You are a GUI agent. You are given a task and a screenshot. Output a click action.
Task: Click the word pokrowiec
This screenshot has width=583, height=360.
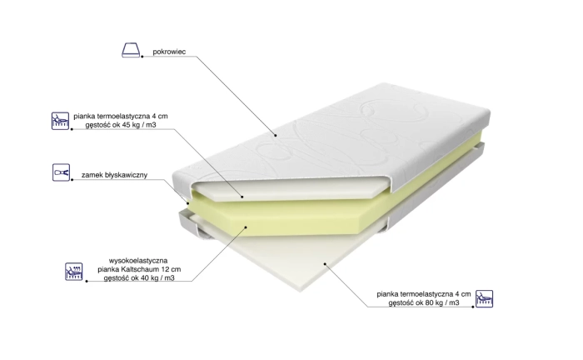tap(169, 52)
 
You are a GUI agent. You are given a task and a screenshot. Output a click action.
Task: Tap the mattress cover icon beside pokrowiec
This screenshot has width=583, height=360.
tap(131, 50)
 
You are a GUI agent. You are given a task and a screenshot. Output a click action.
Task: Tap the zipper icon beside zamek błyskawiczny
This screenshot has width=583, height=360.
tap(61, 172)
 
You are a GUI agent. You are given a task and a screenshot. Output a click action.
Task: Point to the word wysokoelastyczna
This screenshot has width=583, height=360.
tap(138, 260)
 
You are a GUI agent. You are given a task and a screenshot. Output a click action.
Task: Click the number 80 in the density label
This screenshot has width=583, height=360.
tap(430, 302)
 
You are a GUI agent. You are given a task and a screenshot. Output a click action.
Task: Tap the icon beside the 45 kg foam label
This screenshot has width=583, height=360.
tap(60, 121)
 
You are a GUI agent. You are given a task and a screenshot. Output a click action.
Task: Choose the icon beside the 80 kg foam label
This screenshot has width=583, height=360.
tap(484, 298)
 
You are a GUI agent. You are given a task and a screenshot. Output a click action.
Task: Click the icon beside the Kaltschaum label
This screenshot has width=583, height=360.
tap(73, 272)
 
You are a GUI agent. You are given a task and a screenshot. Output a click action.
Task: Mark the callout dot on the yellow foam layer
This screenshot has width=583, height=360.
tap(246, 227)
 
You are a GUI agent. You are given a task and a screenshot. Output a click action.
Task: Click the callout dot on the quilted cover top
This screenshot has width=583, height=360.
tap(276, 135)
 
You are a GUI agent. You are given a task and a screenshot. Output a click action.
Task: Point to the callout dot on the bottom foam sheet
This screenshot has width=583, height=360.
tap(325, 264)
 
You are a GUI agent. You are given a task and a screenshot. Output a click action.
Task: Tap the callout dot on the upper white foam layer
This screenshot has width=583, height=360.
tap(242, 197)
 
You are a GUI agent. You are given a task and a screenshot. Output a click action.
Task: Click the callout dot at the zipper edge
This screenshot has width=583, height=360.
tap(187, 203)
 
